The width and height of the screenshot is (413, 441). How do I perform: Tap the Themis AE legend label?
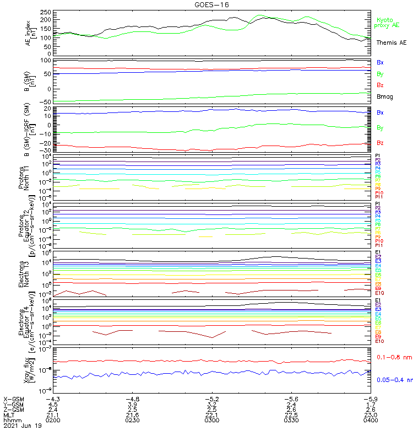[392, 42]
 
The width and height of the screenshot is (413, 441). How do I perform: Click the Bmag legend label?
[384, 97]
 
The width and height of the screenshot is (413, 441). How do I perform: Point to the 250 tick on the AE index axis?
[46, 12]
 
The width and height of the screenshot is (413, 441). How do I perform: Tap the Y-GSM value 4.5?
[53, 404]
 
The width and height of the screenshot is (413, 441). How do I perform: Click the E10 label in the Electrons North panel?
[379, 293]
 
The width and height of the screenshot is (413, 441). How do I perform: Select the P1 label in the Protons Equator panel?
[378, 204]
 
